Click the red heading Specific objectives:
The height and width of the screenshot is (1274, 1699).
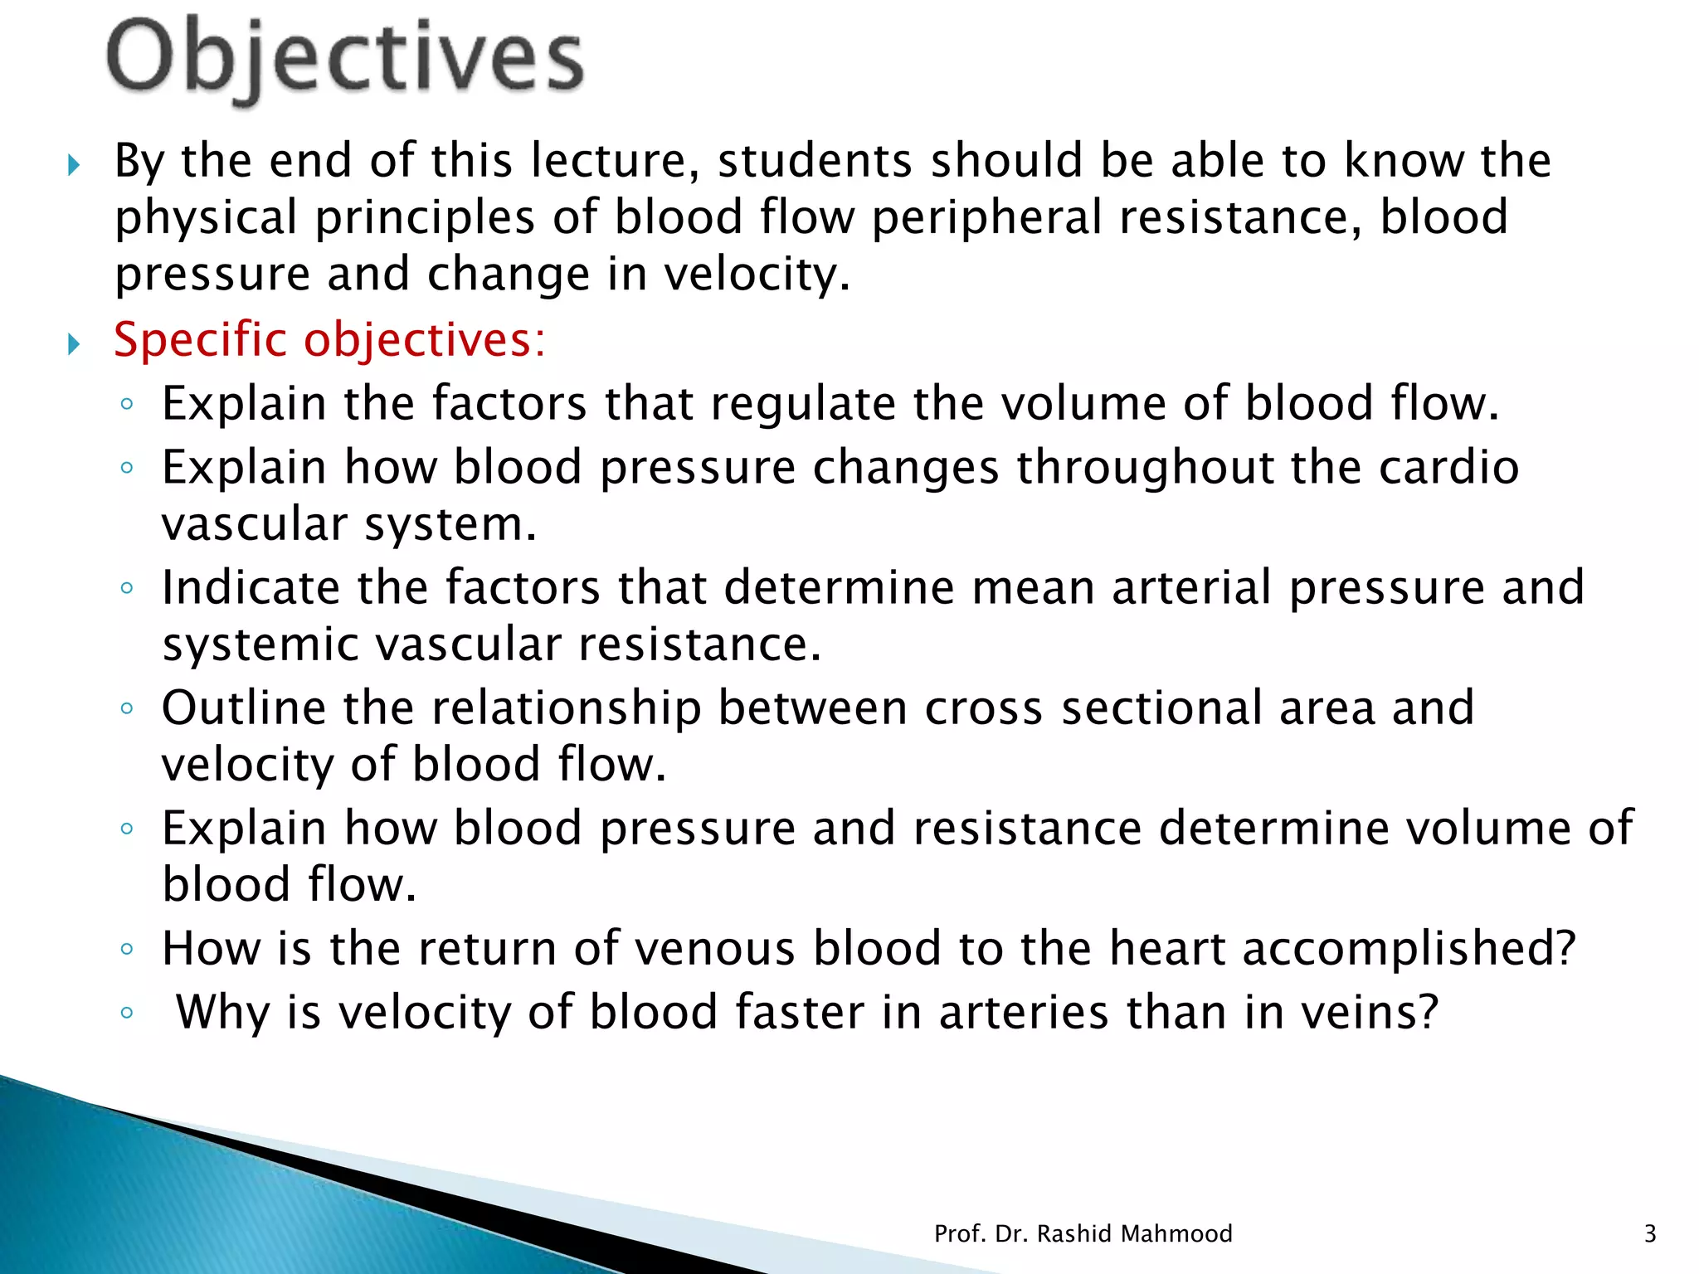click(329, 340)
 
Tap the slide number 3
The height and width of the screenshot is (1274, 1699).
click(1649, 1233)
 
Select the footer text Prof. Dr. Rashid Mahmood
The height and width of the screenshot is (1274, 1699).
click(1083, 1233)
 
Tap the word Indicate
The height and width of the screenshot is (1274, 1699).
click(251, 587)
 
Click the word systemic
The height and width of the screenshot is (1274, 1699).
click(260, 644)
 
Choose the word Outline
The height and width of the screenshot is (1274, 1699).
click(244, 708)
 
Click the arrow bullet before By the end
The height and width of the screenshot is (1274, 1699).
click(74, 164)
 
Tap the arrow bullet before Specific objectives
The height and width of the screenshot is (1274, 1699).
click(74, 343)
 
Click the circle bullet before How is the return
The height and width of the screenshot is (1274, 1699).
click(126, 949)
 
